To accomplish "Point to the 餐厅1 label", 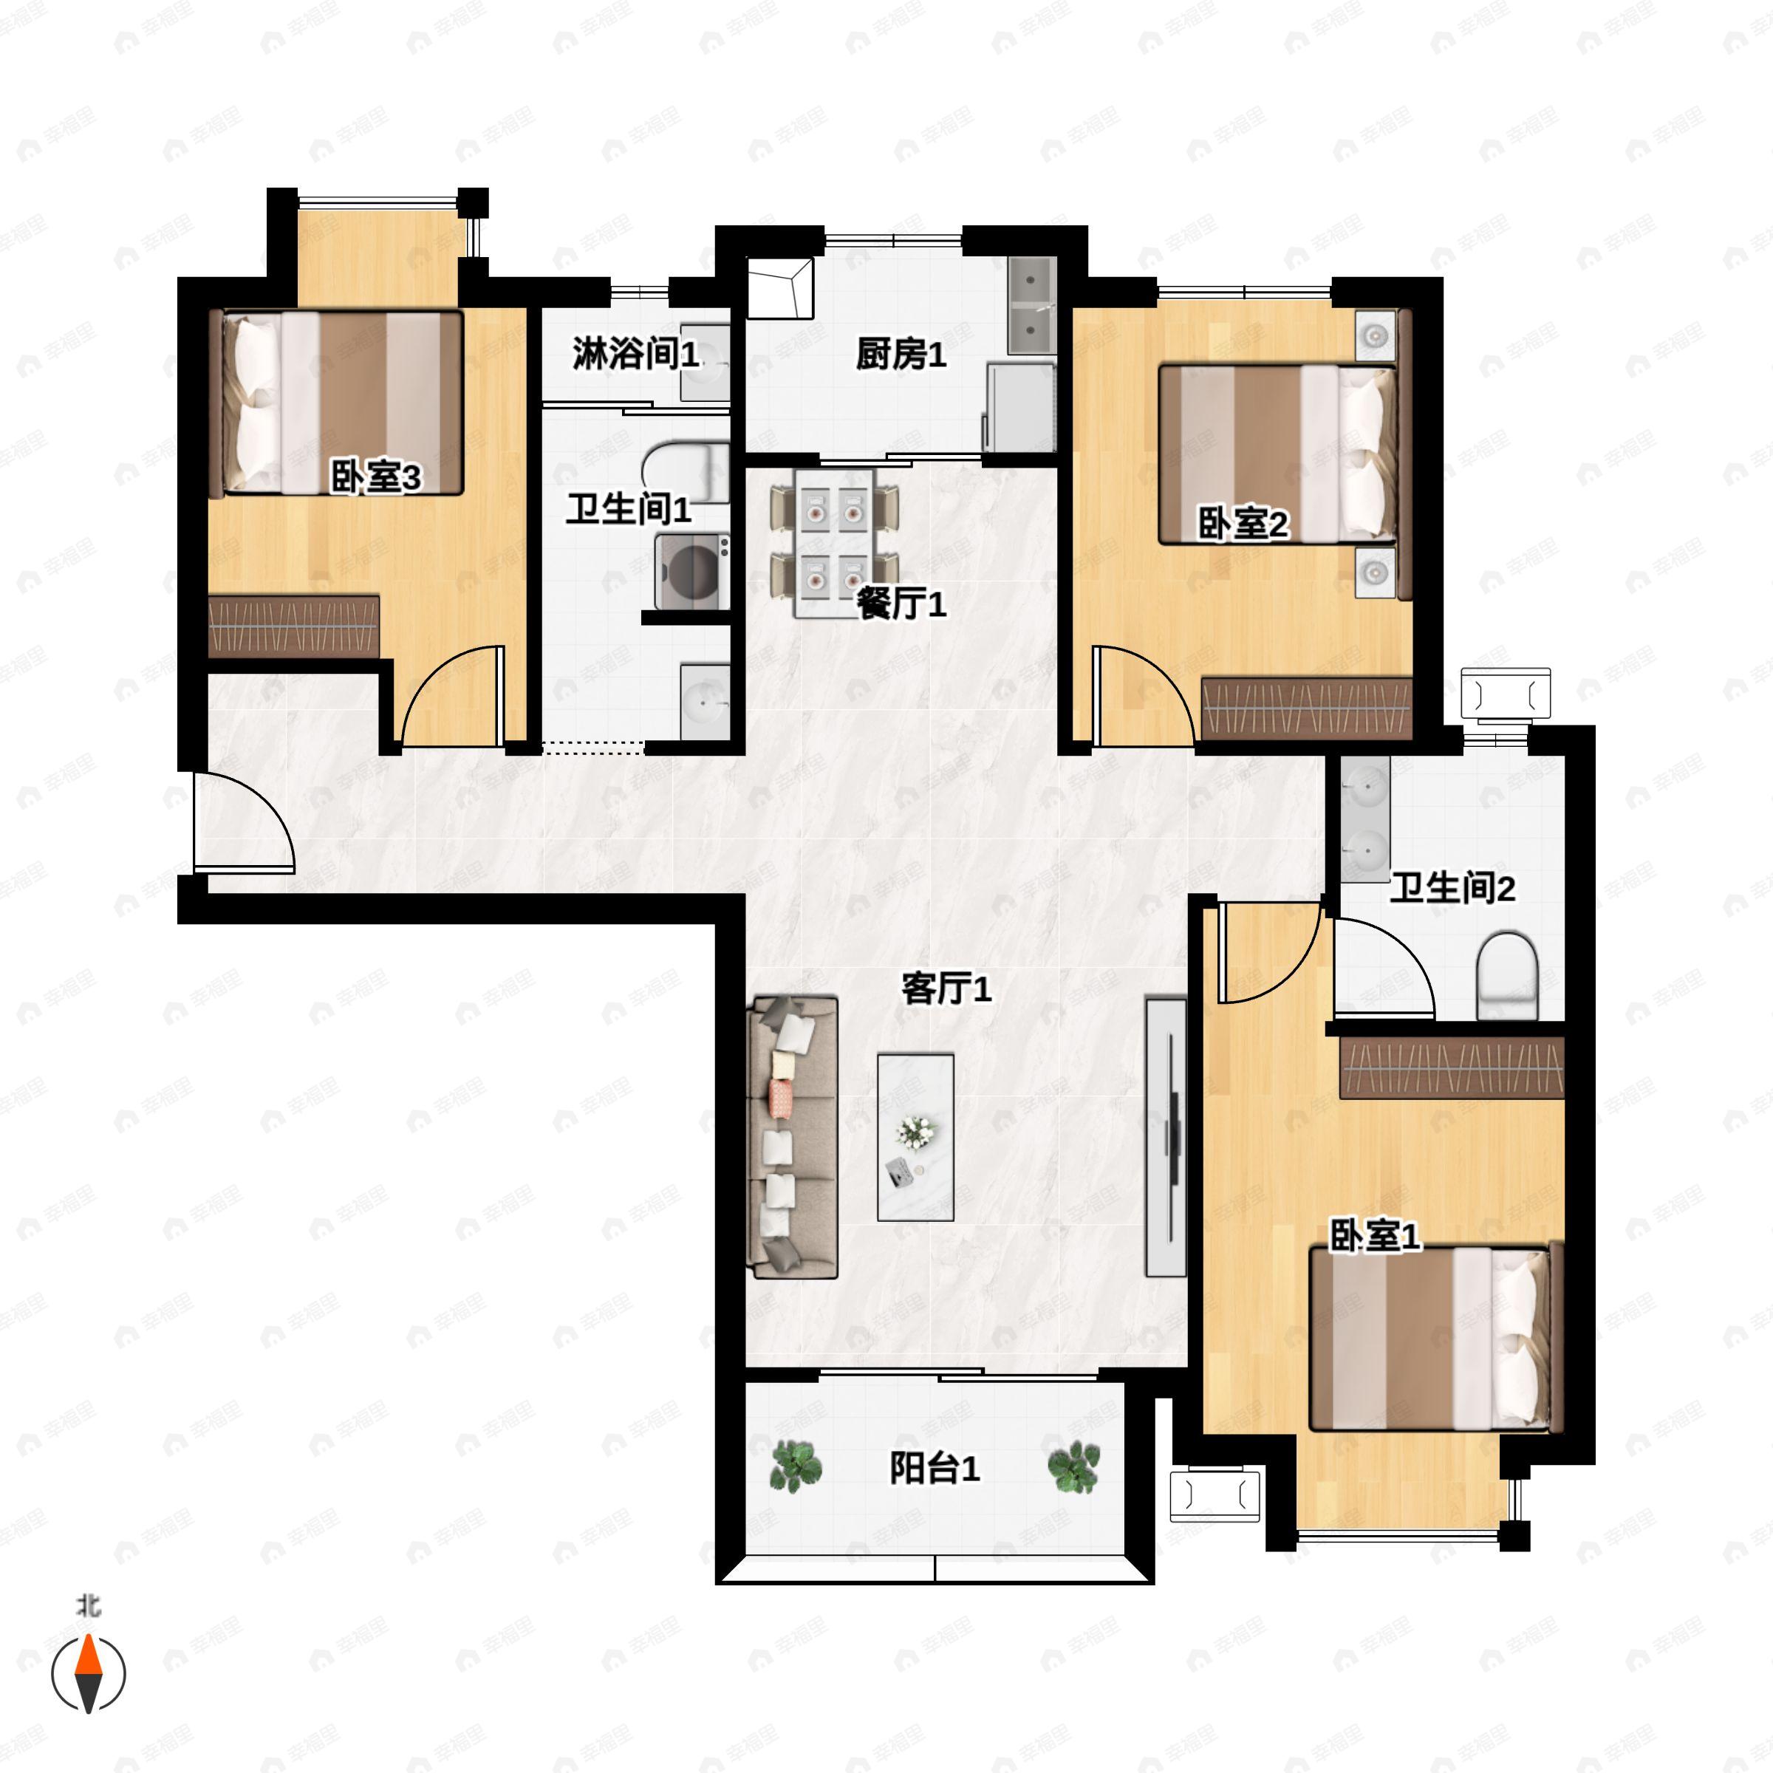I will tap(901, 604).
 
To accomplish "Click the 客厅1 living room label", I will tap(946, 989).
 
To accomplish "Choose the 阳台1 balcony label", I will tap(935, 1469).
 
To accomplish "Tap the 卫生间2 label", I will tap(1452, 888).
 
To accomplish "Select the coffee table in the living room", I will tap(915, 1137).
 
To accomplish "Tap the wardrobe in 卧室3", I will tap(294, 626).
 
